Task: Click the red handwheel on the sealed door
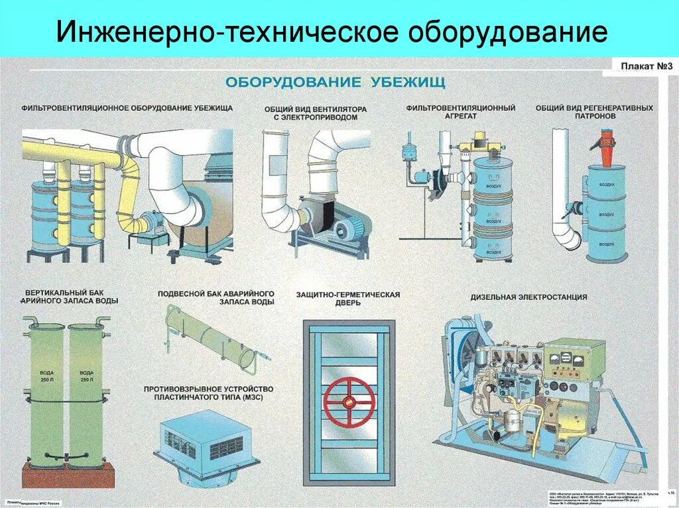(349, 401)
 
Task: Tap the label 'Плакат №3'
(647, 66)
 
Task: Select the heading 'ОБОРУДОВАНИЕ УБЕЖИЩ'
(336, 82)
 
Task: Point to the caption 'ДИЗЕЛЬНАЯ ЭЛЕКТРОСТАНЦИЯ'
(528, 297)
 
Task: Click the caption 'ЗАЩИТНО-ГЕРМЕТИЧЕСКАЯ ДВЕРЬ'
(347, 298)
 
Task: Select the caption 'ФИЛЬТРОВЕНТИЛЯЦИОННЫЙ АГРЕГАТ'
(461, 112)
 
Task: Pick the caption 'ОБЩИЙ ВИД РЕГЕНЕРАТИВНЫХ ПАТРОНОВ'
(594, 111)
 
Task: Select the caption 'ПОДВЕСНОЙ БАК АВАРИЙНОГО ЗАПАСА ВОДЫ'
(216, 297)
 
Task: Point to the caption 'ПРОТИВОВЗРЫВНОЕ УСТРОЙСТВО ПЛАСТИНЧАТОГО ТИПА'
(208, 392)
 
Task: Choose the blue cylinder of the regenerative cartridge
(606, 212)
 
